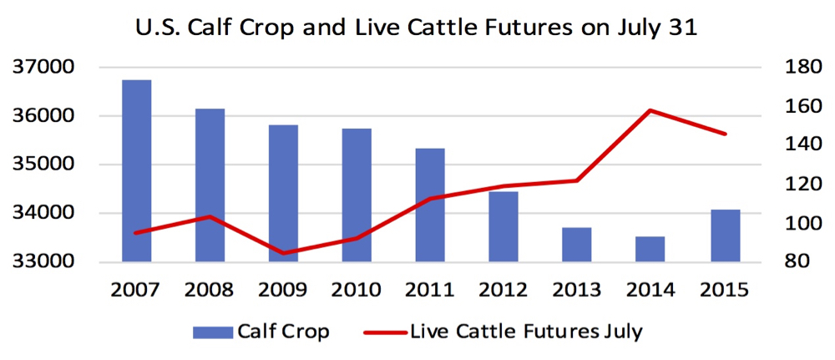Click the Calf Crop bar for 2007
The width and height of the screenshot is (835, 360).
[136, 170]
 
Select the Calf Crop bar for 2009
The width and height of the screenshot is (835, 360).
[283, 193]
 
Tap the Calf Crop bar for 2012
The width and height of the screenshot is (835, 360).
[504, 226]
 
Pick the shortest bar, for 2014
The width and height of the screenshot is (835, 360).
[650, 249]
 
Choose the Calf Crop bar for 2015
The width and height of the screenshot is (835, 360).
[726, 236]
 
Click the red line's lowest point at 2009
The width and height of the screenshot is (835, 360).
[283, 253]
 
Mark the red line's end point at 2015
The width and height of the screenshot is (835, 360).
[726, 134]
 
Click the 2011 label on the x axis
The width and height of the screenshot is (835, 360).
[430, 290]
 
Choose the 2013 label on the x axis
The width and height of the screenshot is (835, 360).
[577, 290]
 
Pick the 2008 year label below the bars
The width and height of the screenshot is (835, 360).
[210, 290]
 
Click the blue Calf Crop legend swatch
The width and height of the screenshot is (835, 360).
[212, 332]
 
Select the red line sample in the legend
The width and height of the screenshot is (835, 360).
[386, 332]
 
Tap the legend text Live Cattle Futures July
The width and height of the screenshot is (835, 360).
[527, 332]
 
